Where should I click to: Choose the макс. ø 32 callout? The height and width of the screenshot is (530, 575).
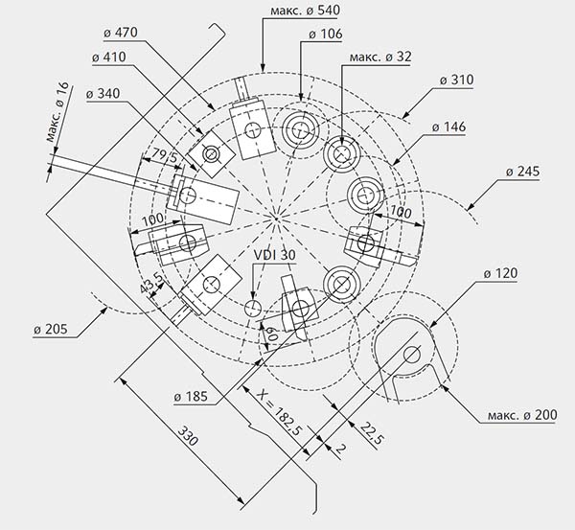pyautogui.click(x=380, y=57)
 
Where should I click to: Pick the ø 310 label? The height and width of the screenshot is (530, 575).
pyautogui.click(x=459, y=80)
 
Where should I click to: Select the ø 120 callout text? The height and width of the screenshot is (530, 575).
pyautogui.click(x=502, y=275)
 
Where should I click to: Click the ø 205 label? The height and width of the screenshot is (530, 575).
pyautogui.click(x=52, y=330)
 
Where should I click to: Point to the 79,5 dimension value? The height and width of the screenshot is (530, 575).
pyautogui.click(x=153, y=154)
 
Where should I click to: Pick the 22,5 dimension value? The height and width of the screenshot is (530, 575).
pyautogui.click(x=372, y=433)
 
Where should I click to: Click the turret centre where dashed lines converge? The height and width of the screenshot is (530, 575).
pyautogui.click(x=275, y=219)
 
